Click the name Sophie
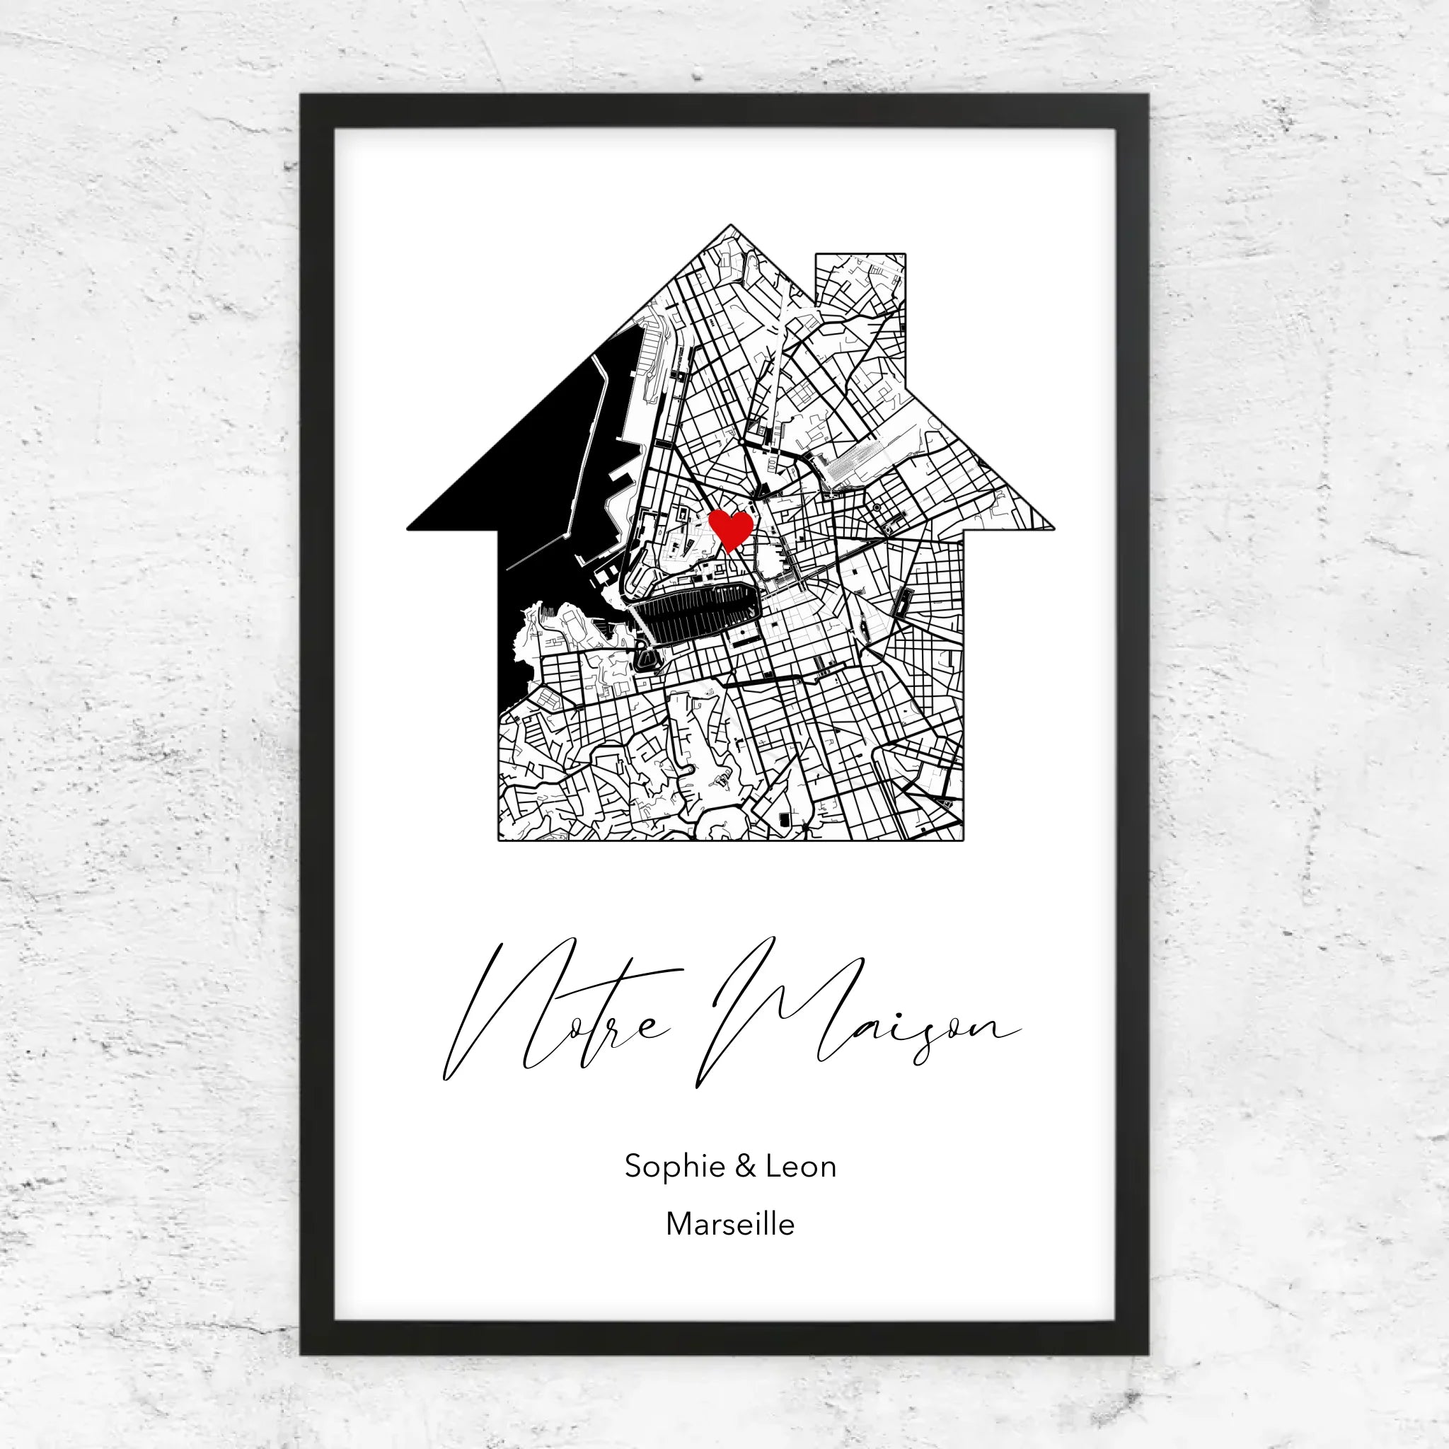[674, 1167]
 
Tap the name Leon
[800, 1166]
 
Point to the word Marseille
[729, 1224]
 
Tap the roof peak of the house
[730, 226]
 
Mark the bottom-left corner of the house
[500, 839]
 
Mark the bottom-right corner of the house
[962, 839]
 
